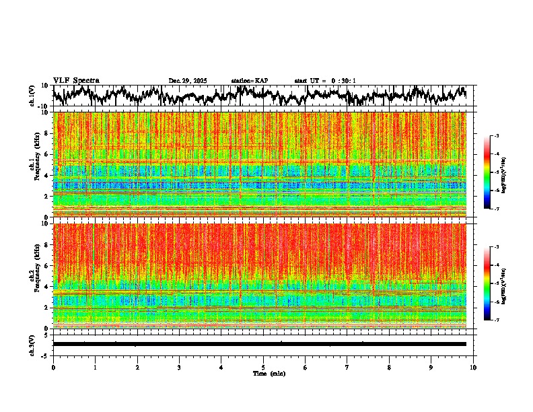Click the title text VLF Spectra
click(76, 81)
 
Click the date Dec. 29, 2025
click(188, 81)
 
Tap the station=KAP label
click(250, 81)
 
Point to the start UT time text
click(325, 81)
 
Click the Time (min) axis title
click(269, 373)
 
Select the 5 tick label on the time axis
click(263, 367)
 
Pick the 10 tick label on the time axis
click(473, 367)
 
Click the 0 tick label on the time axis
click(53, 367)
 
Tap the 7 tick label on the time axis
click(347, 367)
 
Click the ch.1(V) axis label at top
click(33, 96)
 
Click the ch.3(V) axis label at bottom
click(33, 344)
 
